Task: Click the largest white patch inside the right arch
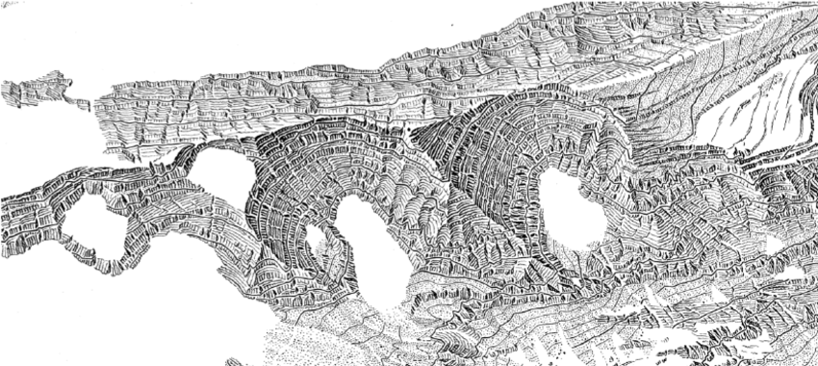[574, 207]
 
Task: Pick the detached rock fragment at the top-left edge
[38, 90]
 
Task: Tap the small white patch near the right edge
[776, 245]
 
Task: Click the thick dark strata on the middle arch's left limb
[269, 202]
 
